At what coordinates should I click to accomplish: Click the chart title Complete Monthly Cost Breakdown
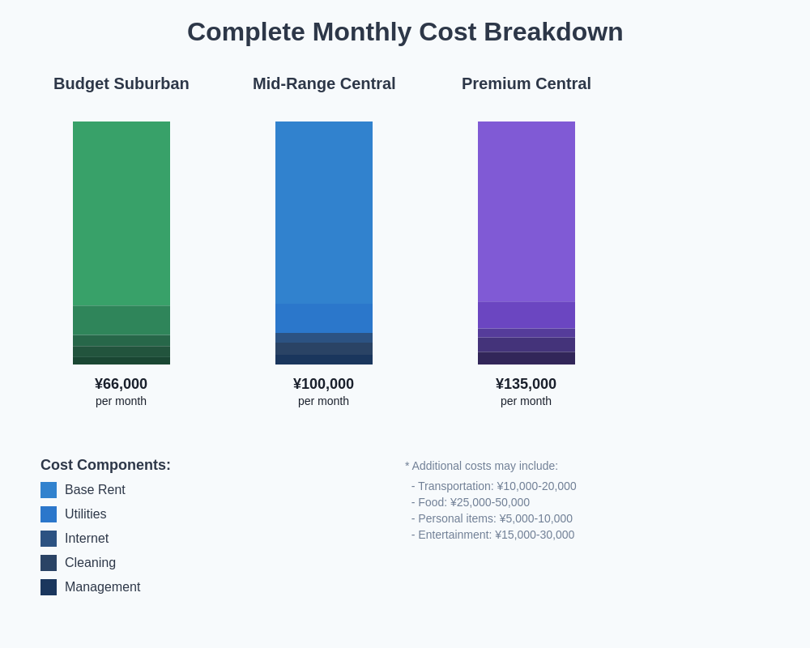[x=405, y=32]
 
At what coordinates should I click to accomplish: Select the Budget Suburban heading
[x=122, y=83]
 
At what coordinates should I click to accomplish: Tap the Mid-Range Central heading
[x=324, y=83]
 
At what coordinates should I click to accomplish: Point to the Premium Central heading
[x=526, y=83]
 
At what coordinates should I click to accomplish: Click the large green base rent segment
[x=122, y=214]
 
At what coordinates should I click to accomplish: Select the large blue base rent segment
[x=324, y=212]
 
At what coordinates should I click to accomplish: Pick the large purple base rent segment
[x=526, y=211]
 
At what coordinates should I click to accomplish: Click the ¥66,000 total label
[x=122, y=384]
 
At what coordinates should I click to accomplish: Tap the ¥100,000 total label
[x=324, y=384]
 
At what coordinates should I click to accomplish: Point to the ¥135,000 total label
[x=526, y=384]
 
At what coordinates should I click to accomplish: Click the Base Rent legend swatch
[x=49, y=490]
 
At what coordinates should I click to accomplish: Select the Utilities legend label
[x=85, y=514]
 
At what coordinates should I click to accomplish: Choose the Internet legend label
[x=87, y=539]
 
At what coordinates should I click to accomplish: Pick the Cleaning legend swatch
[x=49, y=563]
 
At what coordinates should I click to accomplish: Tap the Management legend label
[x=102, y=587]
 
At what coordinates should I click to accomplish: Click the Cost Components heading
[x=105, y=465]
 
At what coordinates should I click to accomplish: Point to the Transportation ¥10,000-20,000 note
[x=494, y=486]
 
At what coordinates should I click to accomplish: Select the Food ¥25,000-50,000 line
[x=471, y=502]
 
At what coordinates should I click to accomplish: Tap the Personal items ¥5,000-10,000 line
[x=492, y=518]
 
